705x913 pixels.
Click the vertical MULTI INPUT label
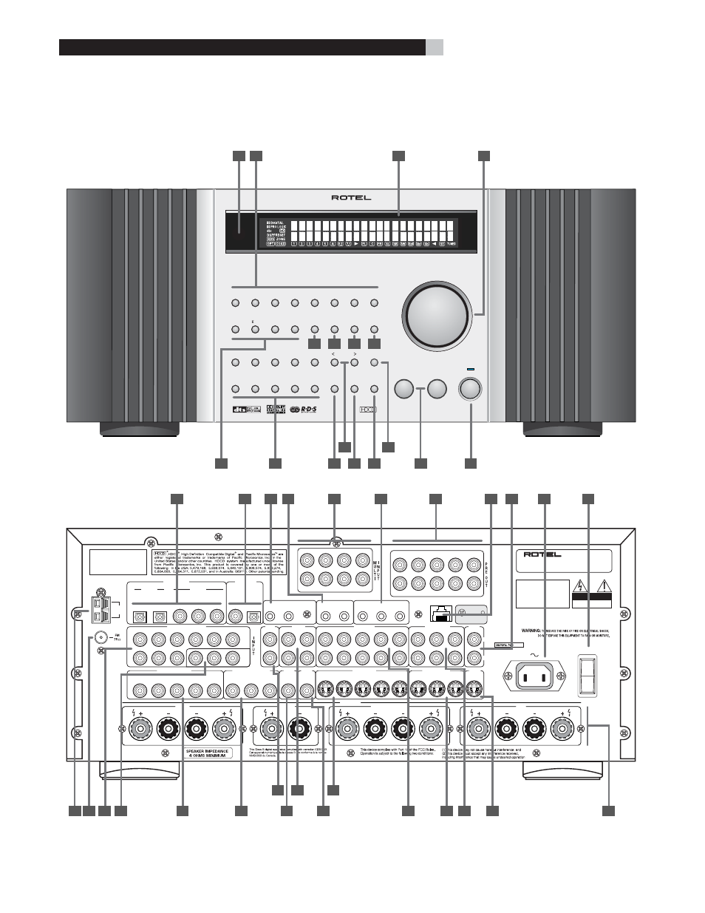[375, 570]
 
